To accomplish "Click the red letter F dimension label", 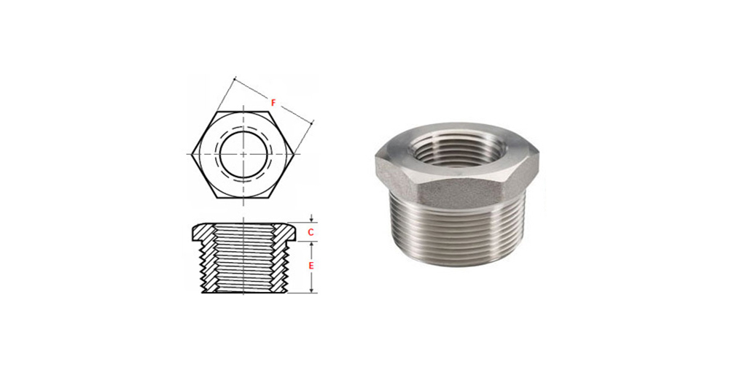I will (x=273, y=103).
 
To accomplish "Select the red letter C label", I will (x=311, y=231).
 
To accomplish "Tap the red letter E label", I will (x=311, y=266).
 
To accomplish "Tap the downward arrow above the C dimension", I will (x=311, y=219).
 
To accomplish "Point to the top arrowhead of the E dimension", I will (x=311, y=245).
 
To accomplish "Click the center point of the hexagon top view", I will (x=243, y=153).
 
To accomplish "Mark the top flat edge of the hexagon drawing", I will (x=243, y=110).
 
